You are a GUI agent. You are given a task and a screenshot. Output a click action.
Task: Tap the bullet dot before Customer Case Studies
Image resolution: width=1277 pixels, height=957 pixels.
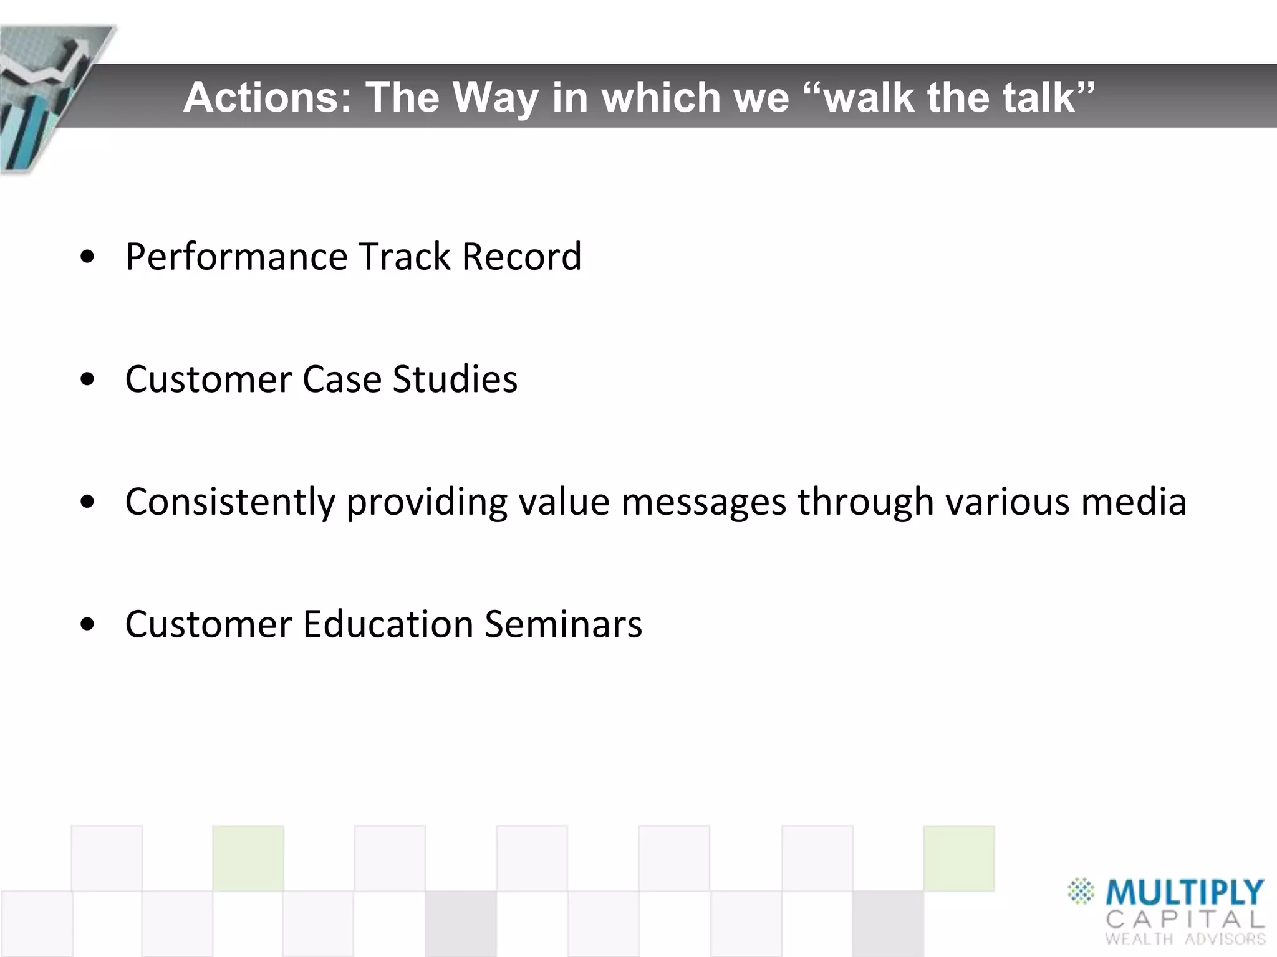point(88,379)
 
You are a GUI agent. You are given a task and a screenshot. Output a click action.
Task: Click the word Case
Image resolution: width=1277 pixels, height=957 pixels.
point(342,379)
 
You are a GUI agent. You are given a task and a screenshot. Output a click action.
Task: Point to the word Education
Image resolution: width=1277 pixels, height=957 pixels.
point(388,624)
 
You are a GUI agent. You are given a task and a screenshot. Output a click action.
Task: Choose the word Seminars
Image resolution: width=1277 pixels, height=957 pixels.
point(563,624)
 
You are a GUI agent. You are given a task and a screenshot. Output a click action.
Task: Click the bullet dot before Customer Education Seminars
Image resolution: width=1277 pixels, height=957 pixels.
point(88,624)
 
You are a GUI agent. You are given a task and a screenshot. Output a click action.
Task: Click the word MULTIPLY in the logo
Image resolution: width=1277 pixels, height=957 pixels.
point(1184,892)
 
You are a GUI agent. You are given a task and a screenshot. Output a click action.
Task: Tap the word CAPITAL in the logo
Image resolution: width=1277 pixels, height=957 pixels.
point(1185,919)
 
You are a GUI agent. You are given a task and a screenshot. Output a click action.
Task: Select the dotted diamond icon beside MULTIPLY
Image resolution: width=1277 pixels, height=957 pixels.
point(1081,891)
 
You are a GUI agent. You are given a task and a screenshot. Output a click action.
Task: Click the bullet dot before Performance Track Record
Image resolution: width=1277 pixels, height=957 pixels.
point(88,257)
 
